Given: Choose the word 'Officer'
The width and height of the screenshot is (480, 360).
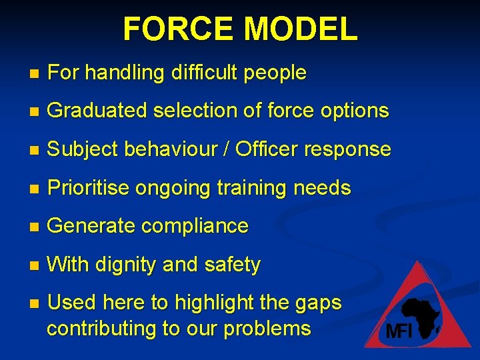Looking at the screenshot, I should pyautogui.click(x=269, y=149).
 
